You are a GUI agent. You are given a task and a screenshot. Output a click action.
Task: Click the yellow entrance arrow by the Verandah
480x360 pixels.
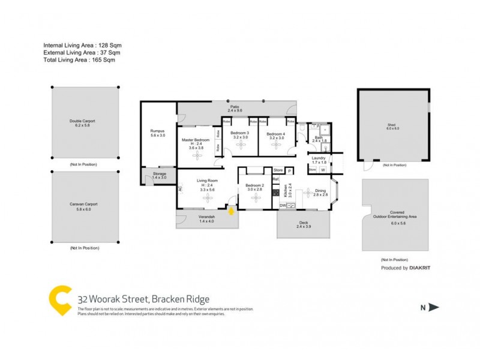pos(232,210)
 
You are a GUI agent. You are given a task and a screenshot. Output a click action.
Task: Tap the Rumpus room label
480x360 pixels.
pos(157,131)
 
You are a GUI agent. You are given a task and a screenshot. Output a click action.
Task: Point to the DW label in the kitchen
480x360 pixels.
pos(283,206)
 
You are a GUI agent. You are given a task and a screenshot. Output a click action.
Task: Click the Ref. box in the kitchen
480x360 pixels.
pos(276,179)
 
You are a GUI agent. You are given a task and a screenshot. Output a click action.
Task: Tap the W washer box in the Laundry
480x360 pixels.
pos(323,170)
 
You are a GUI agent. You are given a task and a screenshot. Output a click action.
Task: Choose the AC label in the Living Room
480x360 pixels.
pos(179,188)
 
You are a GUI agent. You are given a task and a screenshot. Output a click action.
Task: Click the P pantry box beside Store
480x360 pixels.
pos(289,170)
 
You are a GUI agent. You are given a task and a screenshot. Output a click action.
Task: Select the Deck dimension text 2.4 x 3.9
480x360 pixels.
pos(304,226)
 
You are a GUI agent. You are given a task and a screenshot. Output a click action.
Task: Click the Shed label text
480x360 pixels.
pos(392,125)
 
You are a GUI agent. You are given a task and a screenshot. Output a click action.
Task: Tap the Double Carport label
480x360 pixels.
pos(82,121)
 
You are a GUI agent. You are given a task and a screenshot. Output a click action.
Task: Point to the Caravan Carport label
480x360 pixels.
pos(82,204)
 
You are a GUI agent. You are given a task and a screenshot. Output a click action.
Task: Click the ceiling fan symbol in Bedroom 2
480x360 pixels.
pos(257,197)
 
